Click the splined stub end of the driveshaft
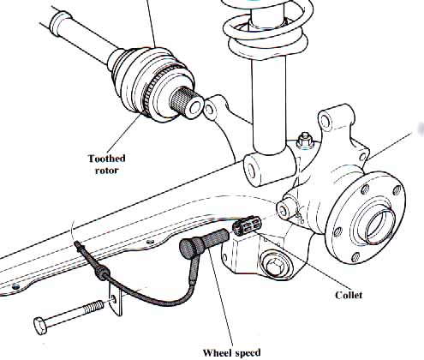point(188,105)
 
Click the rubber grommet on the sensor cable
point(105,274)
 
